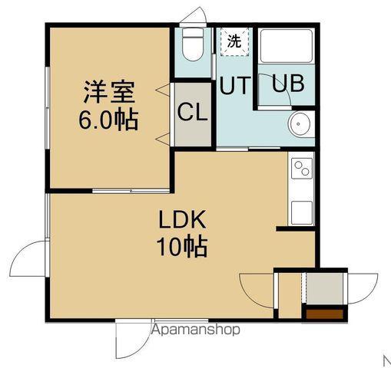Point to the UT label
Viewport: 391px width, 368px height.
pos(234,86)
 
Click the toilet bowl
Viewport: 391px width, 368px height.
pos(192,46)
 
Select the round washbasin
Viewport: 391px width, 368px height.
pos(300,123)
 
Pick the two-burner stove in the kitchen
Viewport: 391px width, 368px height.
pos(300,168)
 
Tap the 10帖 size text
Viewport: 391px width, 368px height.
pos(183,247)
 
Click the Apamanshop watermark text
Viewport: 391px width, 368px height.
pos(197,330)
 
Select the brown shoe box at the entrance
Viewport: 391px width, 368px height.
pos(323,313)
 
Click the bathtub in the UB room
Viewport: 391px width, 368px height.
pos(284,48)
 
